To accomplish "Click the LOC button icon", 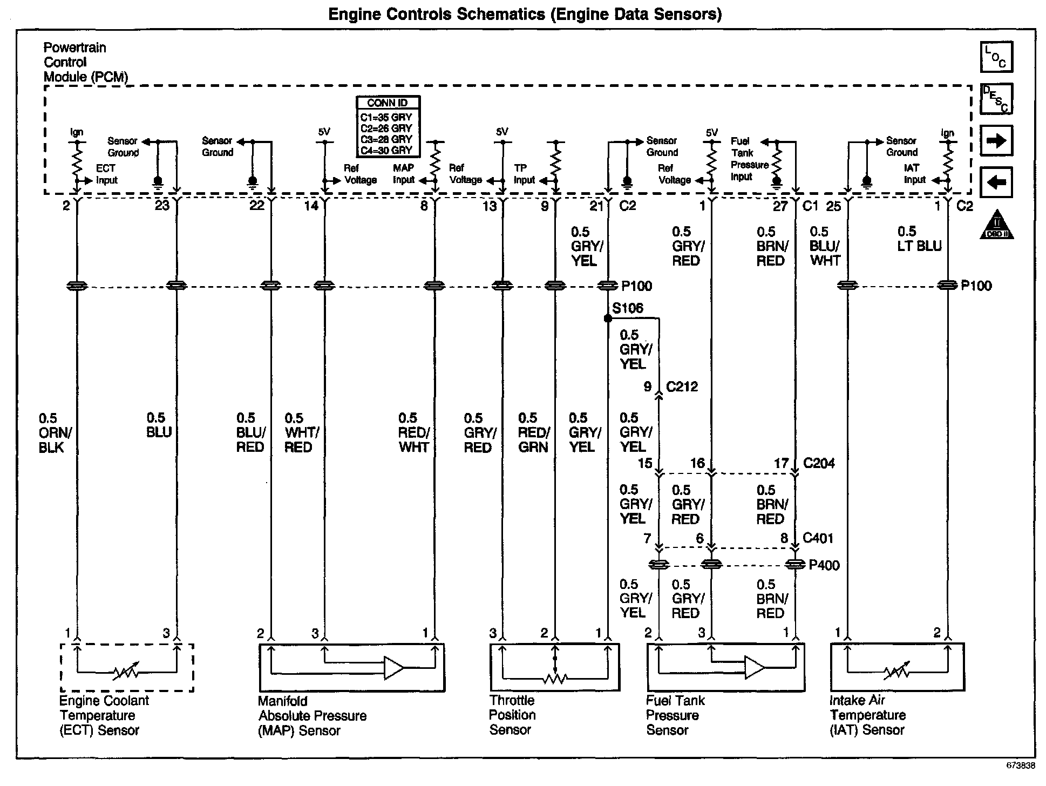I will point(996,57).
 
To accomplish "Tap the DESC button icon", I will point(996,99).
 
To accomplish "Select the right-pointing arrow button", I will point(996,141).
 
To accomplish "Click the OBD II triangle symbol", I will point(996,225).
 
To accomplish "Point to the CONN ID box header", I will point(388,103).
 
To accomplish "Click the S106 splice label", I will point(628,308).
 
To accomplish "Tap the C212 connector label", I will point(682,387).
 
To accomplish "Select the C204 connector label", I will point(819,463).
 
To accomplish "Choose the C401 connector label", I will point(818,538).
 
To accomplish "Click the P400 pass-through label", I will point(824,565).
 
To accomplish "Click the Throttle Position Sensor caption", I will point(512,715).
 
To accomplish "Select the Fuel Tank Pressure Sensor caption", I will point(675,715).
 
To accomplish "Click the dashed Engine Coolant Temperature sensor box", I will point(127,667).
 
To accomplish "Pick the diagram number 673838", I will point(1020,765).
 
